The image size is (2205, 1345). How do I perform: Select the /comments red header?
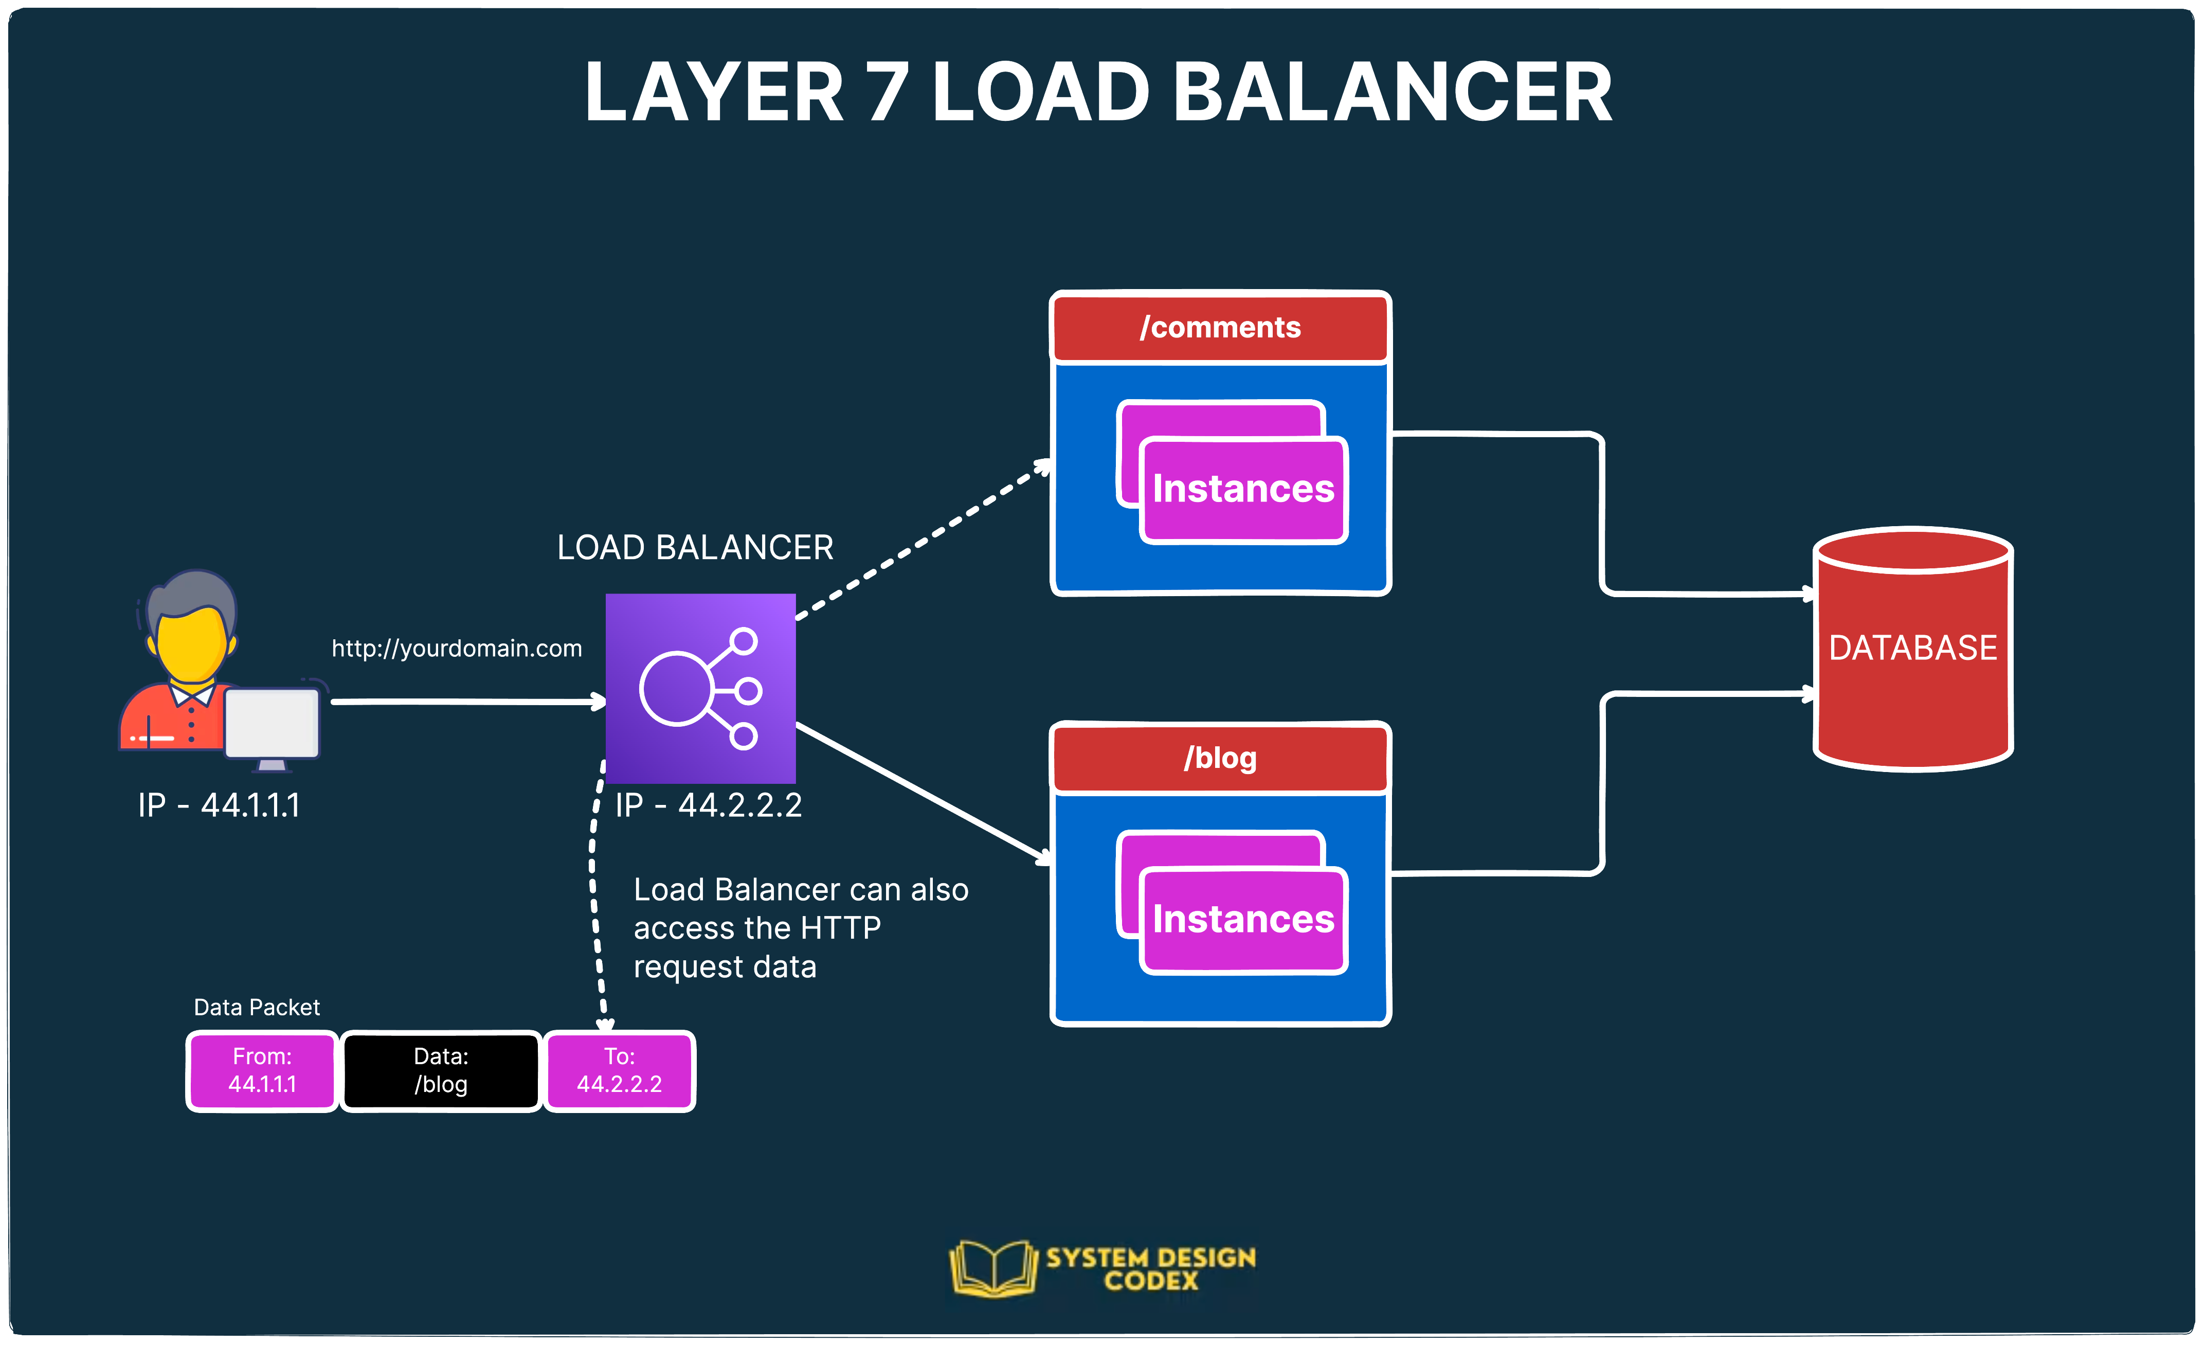1220,328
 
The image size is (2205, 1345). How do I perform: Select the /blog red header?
1220,758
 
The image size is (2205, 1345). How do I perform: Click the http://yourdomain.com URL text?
457,648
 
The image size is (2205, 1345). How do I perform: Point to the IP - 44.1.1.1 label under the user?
219,805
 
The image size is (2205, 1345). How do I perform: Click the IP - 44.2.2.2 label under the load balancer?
708,805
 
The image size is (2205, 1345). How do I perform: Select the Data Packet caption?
257,1008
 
